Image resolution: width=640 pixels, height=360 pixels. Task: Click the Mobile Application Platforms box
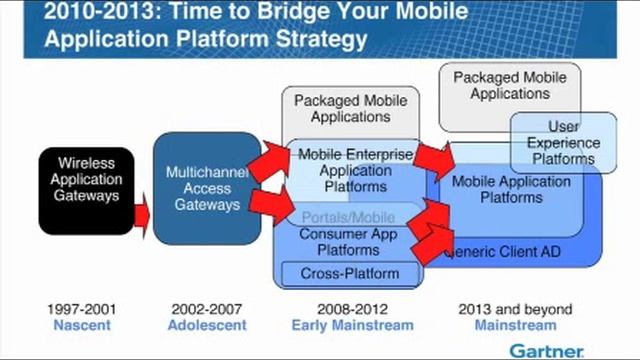511,189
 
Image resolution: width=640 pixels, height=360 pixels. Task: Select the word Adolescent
206,325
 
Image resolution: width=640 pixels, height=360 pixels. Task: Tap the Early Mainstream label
352,325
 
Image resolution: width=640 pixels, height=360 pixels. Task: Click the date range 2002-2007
206,309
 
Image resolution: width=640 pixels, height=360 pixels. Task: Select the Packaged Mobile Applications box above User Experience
509,85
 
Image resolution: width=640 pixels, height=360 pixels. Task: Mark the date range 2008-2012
352,309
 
